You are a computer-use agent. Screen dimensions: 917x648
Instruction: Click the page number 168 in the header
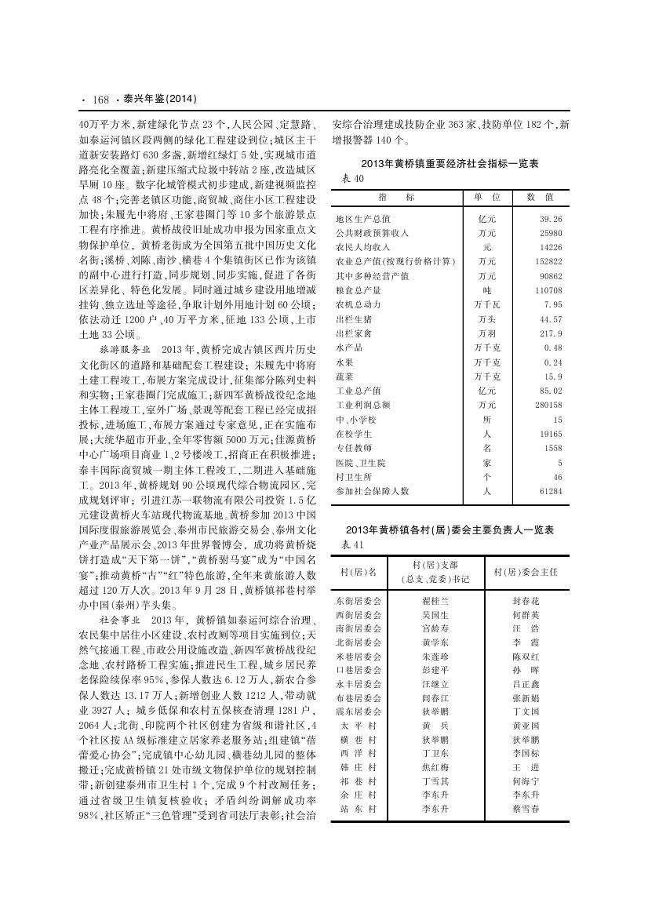[100, 100]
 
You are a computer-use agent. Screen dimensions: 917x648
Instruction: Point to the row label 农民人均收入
[361, 247]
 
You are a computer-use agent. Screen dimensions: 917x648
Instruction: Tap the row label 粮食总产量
[358, 289]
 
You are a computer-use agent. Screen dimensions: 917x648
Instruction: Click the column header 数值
[541, 197]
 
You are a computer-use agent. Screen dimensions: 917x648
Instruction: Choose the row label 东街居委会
[359, 599]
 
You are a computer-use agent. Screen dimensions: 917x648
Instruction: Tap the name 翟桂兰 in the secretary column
[435, 599]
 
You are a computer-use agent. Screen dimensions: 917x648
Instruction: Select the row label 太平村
[359, 726]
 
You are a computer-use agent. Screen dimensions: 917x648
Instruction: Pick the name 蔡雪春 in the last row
[525, 808]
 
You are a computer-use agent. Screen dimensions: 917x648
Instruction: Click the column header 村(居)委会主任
[525, 571]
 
